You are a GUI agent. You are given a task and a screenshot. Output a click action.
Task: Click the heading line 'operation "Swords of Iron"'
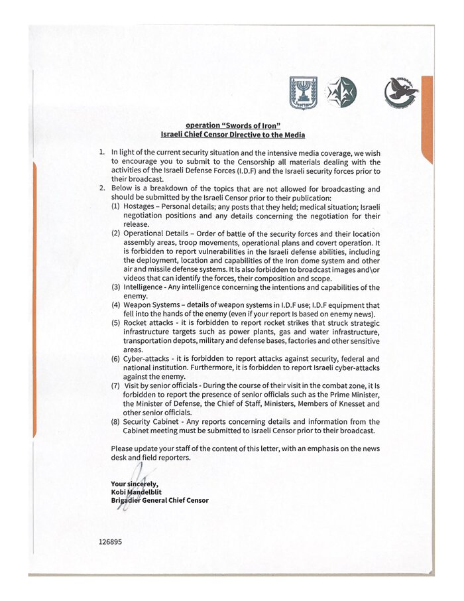[233, 125]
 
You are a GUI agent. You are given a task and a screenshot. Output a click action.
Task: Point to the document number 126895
[110, 541]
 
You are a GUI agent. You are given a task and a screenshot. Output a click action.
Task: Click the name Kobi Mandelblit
[137, 492]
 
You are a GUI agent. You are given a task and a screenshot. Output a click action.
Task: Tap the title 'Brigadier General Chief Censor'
[159, 500]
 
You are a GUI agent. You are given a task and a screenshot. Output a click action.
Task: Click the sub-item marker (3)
[115, 287]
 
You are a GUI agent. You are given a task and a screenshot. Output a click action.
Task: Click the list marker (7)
[115, 385]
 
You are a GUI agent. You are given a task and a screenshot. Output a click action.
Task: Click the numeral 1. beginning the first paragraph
[102, 152]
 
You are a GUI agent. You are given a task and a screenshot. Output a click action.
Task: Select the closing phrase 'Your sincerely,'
[134, 484]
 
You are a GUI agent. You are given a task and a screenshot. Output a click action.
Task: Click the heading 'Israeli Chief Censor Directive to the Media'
[233, 135]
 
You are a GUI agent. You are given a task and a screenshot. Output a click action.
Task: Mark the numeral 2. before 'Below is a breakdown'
[102, 188]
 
